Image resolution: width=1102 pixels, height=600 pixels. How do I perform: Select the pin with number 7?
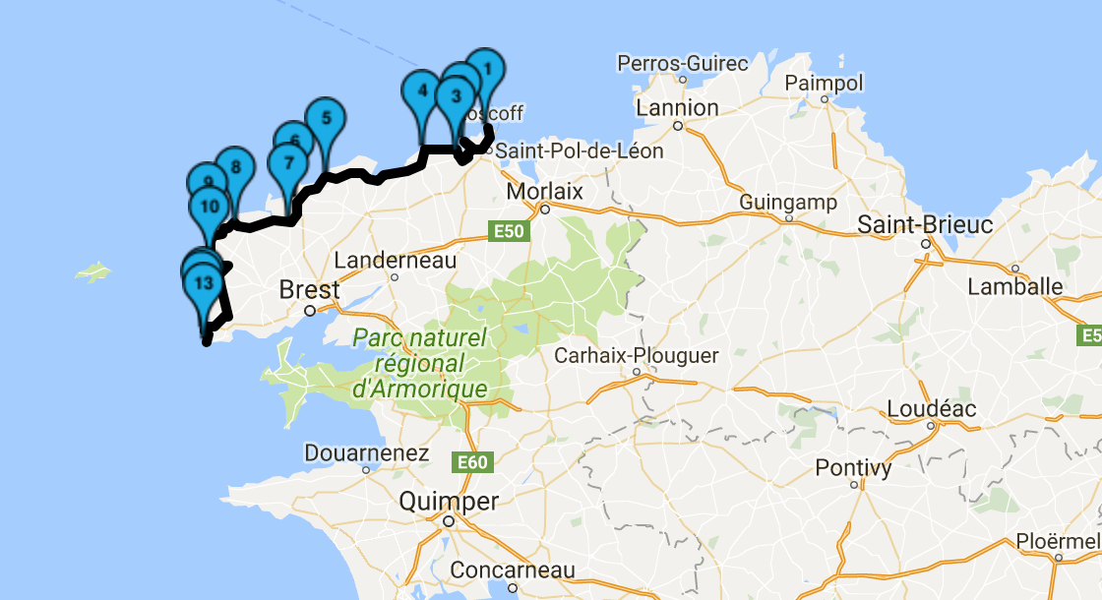click(x=288, y=163)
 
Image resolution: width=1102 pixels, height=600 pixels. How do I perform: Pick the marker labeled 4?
click(x=422, y=91)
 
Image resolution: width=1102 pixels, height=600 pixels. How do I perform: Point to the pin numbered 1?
click(x=484, y=71)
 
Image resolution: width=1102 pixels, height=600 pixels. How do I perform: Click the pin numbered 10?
click(x=209, y=208)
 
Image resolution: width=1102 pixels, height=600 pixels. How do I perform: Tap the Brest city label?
click(x=309, y=290)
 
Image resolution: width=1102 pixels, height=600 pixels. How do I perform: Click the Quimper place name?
click(x=449, y=502)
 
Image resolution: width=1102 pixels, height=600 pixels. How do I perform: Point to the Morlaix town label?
click(x=545, y=191)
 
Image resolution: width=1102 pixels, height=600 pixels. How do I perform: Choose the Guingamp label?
click(x=788, y=203)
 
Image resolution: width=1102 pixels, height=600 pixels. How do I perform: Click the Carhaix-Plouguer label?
click(x=637, y=355)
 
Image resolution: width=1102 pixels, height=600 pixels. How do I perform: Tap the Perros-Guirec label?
click(x=683, y=64)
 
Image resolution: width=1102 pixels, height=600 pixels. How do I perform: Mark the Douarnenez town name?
click(x=367, y=453)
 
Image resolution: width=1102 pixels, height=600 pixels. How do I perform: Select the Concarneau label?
click(x=512, y=570)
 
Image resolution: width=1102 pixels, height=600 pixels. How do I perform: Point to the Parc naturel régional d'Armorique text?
click(x=420, y=364)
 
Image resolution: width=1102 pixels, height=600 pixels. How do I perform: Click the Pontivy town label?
click(x=853, y=468)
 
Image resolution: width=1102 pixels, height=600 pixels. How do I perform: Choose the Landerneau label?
click(x=396, y=261)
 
